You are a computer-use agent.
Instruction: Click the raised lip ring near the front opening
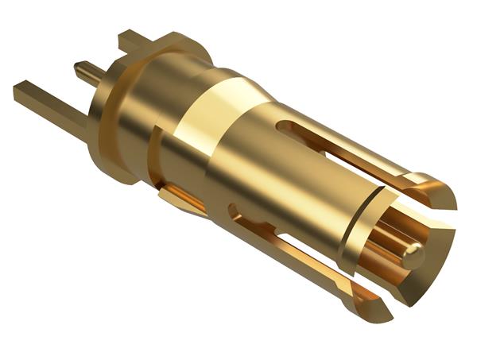tap(350, 238)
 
